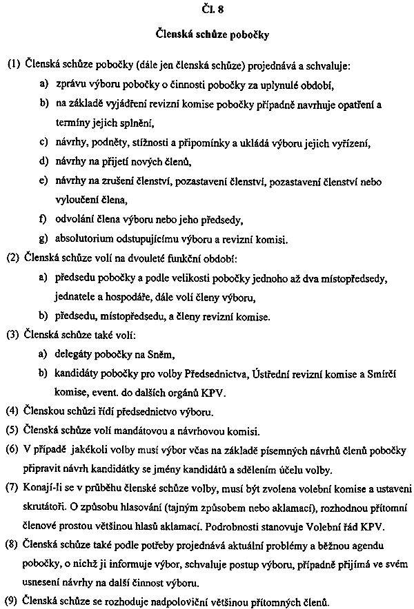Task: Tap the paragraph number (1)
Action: [x=14, y=67]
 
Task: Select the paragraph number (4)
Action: [x=14, y=413]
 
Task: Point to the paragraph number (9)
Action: [x=14, y=599]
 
